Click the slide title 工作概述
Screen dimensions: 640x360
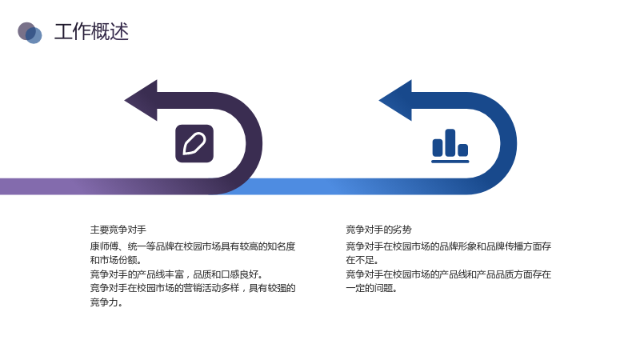[x=91, y=32]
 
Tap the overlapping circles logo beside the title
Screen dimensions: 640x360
[x=30, y=33]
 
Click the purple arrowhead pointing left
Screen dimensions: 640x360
[x=142, y=101]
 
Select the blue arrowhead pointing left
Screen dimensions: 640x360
[x=395, y=101]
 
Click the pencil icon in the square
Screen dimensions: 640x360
[x=194, y=144]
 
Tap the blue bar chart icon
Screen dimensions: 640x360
[x=450, y=146]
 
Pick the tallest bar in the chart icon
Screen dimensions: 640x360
[x=450, y=142]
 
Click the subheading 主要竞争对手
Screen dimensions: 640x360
[x=118, y=230]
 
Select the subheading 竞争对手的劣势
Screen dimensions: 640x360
[x=378, y=230]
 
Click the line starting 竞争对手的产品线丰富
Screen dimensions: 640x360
[x=176, y=274]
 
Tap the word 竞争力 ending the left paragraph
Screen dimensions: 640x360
[x=105, y=302]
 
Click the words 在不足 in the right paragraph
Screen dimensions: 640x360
[x=361, y=261]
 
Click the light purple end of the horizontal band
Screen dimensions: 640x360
[x=16, y=186]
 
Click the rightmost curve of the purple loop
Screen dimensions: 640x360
[x=254, y=143]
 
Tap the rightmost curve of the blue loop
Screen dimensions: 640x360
[x=509, y=143]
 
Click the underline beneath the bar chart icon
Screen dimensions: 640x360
[x=450, y=162]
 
